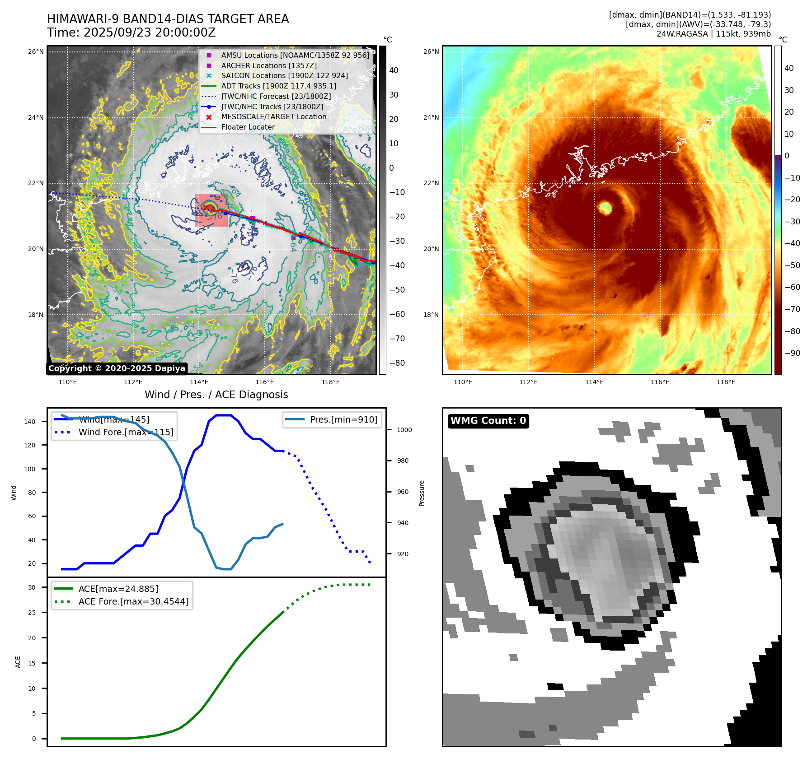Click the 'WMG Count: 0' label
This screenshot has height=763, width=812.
[x=488, y=421]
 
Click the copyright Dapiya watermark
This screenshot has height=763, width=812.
[x=117, y=368]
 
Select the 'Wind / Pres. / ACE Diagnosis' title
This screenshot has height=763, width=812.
[x=216, y=395]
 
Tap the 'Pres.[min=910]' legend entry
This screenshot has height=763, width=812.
[x=343, y=419]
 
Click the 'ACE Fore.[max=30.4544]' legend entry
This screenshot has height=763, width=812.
[x=133, y=601]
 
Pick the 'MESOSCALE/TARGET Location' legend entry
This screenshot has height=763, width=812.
[x=273, y=116]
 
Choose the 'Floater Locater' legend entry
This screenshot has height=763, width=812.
[x=248, y=127]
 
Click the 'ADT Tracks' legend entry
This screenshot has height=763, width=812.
[x=278, y=86]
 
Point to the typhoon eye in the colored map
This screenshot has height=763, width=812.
[x=605, y=208]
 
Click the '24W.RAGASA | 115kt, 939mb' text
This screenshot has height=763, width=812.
[x=713, y=34]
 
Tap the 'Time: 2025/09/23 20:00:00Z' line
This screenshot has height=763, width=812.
[x=131, y=33]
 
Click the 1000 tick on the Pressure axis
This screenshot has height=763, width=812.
[x=404, y=430]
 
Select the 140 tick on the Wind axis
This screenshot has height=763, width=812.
[x=30, y=422]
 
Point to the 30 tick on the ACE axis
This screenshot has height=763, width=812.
[x=32, y=587]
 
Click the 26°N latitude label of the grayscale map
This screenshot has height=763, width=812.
[x=36, y=51]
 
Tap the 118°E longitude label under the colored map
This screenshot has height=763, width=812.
[x=726, y=382]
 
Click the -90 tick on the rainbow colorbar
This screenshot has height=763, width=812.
[x=792, y=353]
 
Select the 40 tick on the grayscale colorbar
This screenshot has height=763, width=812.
[x=394, y=70]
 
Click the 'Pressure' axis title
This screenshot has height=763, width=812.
[x=422, y=493]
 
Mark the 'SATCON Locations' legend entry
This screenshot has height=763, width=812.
[x=284, y=75]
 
